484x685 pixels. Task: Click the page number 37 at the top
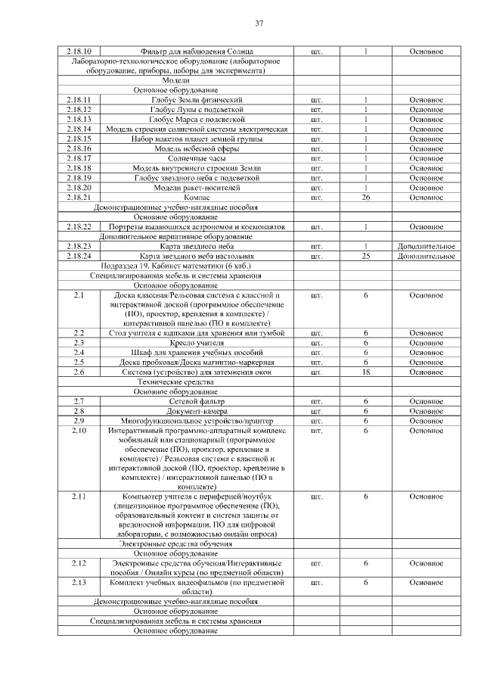(259, 24)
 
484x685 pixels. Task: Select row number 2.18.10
(79, 51)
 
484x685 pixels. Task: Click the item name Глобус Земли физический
(197, 100)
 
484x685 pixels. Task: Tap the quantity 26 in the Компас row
(365, 198)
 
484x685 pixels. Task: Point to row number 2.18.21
(79, 198)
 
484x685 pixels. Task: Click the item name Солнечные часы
(197, 158)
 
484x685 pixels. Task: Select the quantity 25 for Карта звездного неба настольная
(365, 256)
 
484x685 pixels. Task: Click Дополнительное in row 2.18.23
(426, 246)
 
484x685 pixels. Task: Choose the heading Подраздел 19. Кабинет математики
(175, 266)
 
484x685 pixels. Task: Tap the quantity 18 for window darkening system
(365, 372)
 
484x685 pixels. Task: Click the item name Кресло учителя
(197, 343)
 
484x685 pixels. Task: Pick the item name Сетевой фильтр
(197, 401)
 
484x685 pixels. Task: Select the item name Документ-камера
(197, 411)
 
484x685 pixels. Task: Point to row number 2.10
(79, 431)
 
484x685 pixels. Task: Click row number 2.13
(79, 583)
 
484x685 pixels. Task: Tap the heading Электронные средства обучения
(175, 543)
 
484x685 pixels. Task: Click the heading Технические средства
(175, 381)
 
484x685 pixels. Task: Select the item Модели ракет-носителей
(197, 188)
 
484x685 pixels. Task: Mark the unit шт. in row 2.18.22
(317, 226)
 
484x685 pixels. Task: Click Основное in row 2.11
(426, 497)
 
